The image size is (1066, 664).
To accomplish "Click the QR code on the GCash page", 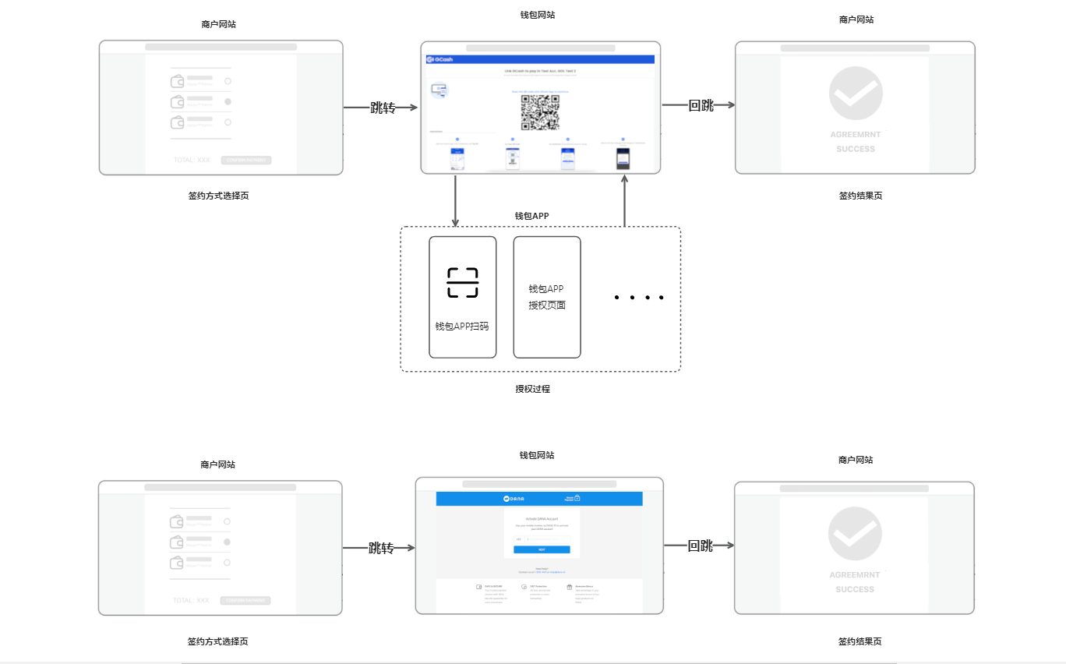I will pyautogui.click(x=540, y=112).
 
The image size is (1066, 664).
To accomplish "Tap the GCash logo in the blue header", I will pyautogui.click(x=441, y=59).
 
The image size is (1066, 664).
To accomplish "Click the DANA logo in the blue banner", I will pyautogui.click(x=514, y=499).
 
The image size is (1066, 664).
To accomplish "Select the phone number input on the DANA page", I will pyautogui.click(x=547, y=539).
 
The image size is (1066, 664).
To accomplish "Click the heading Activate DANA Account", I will pyautogui.click(x=542, y=518).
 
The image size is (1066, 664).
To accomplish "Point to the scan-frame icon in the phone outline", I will pyautogui.click(x=463, y=282).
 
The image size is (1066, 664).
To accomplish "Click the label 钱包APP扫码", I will pyautogui.click(x=462, y=327).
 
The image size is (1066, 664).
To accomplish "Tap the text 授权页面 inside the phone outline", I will pyautogui.click(x=547, y=306).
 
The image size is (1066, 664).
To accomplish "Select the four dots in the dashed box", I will pyautogui.click(x=638, y=297).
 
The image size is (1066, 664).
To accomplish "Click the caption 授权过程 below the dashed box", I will pyautogui.click(x=532, y=389).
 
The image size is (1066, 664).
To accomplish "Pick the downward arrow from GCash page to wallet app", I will pyautogui.click(x=455, y=201).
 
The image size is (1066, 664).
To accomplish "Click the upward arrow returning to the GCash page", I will pyautogui.click(x=625, y=201).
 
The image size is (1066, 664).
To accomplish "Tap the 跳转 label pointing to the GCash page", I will pyautogui.click(x=383, y=108).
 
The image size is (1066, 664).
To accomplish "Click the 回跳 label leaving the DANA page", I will pyautogui.click(x=701, y=546).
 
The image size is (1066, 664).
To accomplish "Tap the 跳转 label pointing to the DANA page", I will pyautogui.click(x=381, y=548).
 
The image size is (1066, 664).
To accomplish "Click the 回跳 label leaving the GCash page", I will pyautogui.click(x=701, y=106).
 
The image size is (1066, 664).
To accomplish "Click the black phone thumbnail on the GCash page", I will pyautogui.click(x=623, y=158).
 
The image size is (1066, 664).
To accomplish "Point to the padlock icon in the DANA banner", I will pyautogui.click(x=577, y=498).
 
